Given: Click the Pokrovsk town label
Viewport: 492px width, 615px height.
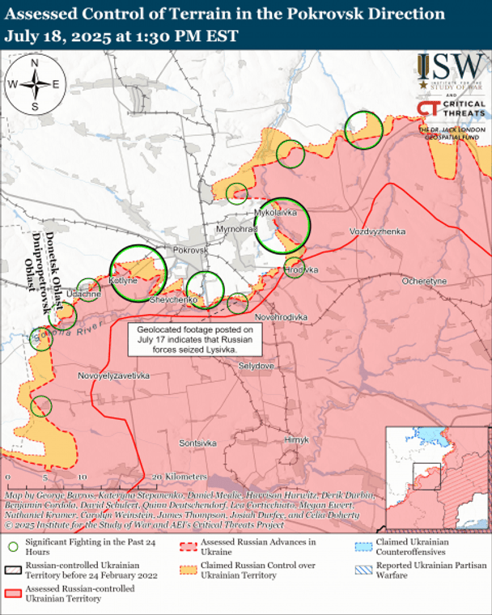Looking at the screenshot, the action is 191,251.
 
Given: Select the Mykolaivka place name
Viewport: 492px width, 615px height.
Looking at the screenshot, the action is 276,212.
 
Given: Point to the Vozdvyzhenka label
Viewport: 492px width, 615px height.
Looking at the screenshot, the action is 377,231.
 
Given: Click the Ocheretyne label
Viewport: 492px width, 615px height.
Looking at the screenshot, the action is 424,280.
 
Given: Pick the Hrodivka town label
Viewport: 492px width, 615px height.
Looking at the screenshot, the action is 301,269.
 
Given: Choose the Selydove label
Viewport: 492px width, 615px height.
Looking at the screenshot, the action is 257,366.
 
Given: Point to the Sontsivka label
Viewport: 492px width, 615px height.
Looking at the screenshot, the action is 197,443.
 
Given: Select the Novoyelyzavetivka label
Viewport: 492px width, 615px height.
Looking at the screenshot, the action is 114,376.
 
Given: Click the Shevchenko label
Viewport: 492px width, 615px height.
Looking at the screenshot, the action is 174,300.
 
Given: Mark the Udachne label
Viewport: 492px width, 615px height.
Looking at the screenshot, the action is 84,293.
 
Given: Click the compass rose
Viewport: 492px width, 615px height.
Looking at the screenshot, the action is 35,83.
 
